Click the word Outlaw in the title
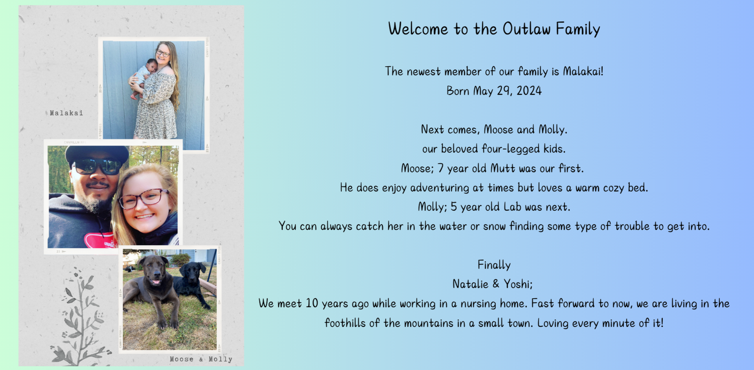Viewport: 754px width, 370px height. point(526,29)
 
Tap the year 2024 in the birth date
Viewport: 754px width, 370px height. point(529,91)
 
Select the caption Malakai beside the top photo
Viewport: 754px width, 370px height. point(66,113)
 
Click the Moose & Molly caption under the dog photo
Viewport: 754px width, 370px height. point(201,359)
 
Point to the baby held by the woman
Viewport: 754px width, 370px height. point(142,77)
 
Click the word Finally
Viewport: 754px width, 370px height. point(494,265)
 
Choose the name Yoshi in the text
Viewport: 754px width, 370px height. point(518,284)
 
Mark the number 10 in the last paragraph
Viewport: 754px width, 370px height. point(312,304)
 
